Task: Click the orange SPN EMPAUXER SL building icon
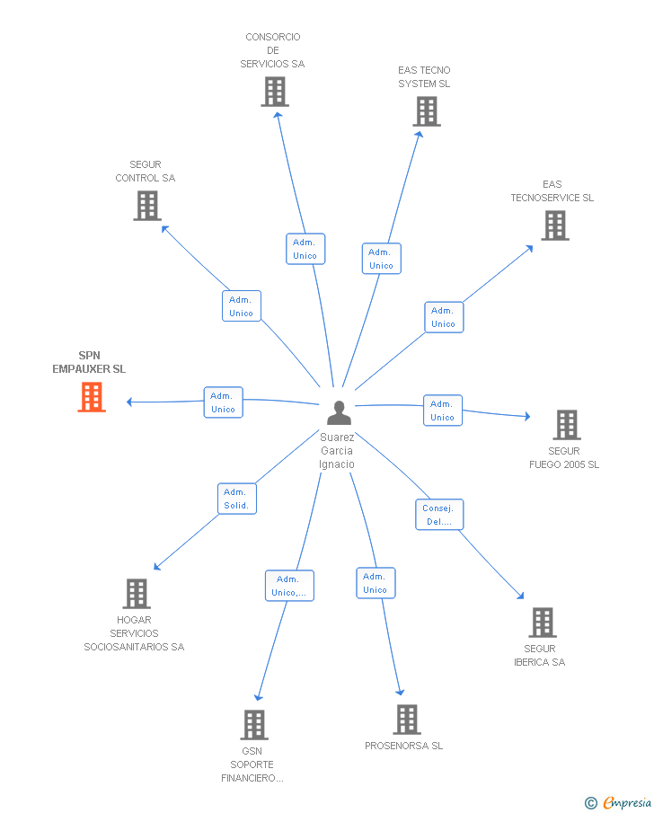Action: [92, 397]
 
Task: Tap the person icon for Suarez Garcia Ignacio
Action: [340, 412]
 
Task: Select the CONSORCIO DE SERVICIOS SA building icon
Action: [275, 92]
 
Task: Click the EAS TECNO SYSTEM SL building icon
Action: [427, 111]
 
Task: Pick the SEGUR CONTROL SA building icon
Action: [147, 206]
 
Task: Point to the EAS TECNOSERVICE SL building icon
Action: [555, 225]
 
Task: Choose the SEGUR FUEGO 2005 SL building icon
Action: [567, 425]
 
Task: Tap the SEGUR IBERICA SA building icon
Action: [543, 623]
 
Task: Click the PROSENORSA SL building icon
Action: [407, 720]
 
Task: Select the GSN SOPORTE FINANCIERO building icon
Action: [254, 725]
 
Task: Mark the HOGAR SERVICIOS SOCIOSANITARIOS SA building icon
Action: [137, 594]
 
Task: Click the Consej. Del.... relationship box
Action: [439, 515]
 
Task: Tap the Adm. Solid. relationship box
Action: [237, 499]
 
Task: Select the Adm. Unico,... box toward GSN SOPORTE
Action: [289, 586]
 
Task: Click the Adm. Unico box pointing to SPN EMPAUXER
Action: [223, 402]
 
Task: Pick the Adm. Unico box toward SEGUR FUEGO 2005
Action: [443, 411]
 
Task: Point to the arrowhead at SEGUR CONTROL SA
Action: [165, 229]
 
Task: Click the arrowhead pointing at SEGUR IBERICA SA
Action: [520, 596]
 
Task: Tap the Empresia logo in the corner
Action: [618, 802]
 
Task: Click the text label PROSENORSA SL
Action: [403, 746]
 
